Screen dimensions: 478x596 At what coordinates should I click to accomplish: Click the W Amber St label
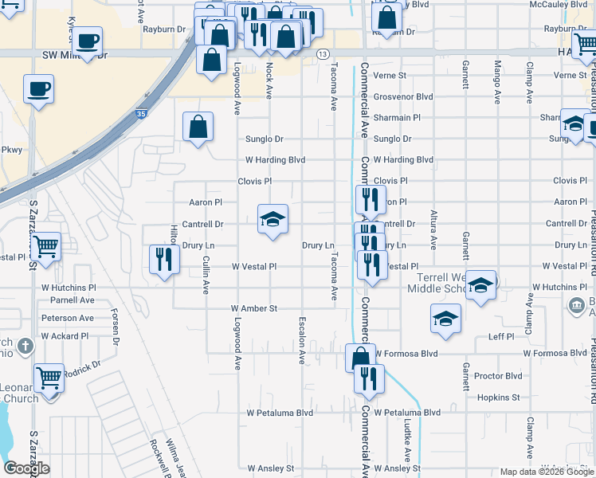(253, 308)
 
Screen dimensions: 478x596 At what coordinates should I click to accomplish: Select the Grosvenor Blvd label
(403, 96)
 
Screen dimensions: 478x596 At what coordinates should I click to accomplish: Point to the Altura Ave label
(433, 232)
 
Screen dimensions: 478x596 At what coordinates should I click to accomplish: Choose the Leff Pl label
(501, 337)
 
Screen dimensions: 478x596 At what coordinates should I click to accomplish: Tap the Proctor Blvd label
(497, 376)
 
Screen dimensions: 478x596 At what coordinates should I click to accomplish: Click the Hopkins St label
(498, 397)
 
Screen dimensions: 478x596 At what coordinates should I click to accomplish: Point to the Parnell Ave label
(73, 300)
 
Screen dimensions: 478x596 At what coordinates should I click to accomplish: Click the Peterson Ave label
(68, 318)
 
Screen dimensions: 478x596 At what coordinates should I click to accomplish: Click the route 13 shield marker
(322, 53)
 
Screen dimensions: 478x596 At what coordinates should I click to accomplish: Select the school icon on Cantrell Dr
(273, 219)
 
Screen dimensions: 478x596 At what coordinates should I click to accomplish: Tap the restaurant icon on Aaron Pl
(370, 198)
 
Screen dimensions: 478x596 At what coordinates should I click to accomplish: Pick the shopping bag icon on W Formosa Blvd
(360, 358)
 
